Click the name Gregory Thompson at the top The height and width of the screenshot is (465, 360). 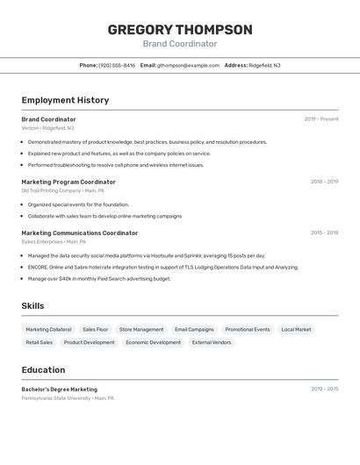tap(180, 30)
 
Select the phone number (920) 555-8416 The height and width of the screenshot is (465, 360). tap(117, 65)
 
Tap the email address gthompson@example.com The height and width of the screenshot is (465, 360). tap(188, 65)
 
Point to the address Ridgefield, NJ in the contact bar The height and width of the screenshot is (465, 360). tap(264, 65)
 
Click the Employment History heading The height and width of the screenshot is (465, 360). tap(65, 100)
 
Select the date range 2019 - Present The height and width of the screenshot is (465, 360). tap(321, 119)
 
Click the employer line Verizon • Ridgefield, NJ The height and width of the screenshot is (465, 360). tap(47, 128)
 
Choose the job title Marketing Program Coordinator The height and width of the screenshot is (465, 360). tap(68, 182)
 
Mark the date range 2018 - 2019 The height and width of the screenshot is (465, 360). tap(324, 182)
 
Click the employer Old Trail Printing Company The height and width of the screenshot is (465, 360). tap(51, 190)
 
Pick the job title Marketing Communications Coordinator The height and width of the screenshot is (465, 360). tap(80, 233)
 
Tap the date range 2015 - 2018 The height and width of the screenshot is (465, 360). tap(324, 233)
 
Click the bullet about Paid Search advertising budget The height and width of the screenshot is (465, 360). tap(99, 279)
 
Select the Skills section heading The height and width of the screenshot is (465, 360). tap(33, 305)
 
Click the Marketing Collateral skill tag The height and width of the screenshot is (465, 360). tap(49, 330)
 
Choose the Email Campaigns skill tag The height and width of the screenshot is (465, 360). tap(194, 330)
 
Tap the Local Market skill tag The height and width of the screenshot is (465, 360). tap(296, 330)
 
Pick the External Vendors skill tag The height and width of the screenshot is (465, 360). tap(212, 343)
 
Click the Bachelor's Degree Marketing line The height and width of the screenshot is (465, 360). tap(60, 390)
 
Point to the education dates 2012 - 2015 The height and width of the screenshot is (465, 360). tap(324, 389)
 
